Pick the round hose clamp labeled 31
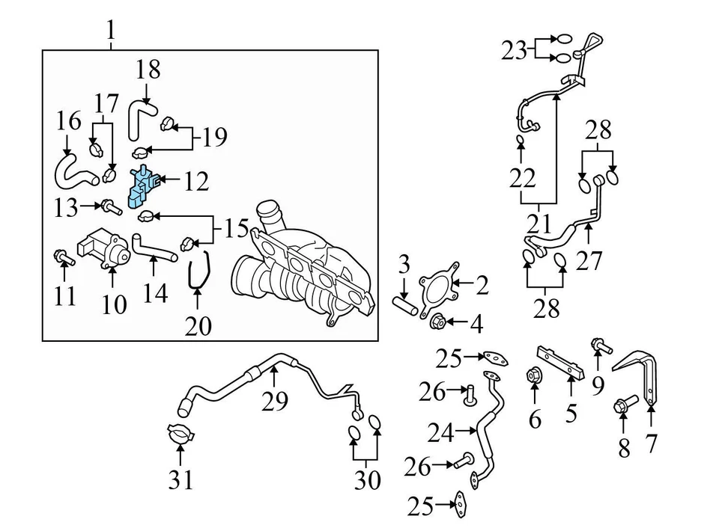click(180, 436)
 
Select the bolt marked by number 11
click(61, 259)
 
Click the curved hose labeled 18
click(140, 118)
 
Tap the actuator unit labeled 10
click(107, 247)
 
